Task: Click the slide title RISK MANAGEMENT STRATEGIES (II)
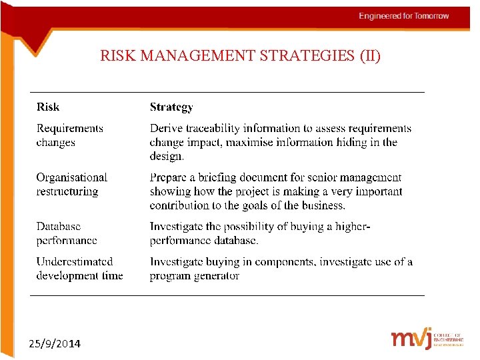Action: (x=240, y=56)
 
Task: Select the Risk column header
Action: (x=48, y=107)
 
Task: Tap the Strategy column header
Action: (x=171, y=107)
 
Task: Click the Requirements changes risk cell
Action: (x=69, y=135)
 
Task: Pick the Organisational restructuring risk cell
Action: (x=71, y=184)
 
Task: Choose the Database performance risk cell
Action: (x=67, y=233)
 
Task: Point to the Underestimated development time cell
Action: (x=79, y=269)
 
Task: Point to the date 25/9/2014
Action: (x=55, y=344)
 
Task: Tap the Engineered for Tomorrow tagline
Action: (x=404, y=16)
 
